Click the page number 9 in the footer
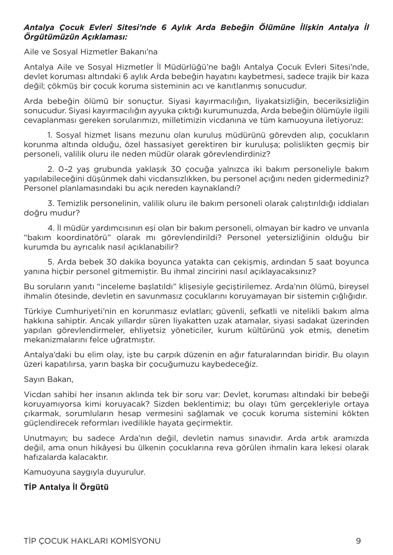click(x=358, y=541)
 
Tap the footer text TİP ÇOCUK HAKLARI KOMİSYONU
click(x=92, y=541)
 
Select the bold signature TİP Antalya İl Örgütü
click(x=66, y=487)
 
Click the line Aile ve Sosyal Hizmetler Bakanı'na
click(x=91, y=52)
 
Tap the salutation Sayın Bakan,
click(x=48, y=379)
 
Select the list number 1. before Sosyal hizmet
click(x=50, y=135)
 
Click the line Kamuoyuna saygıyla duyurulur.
click(x=85, y=472)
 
